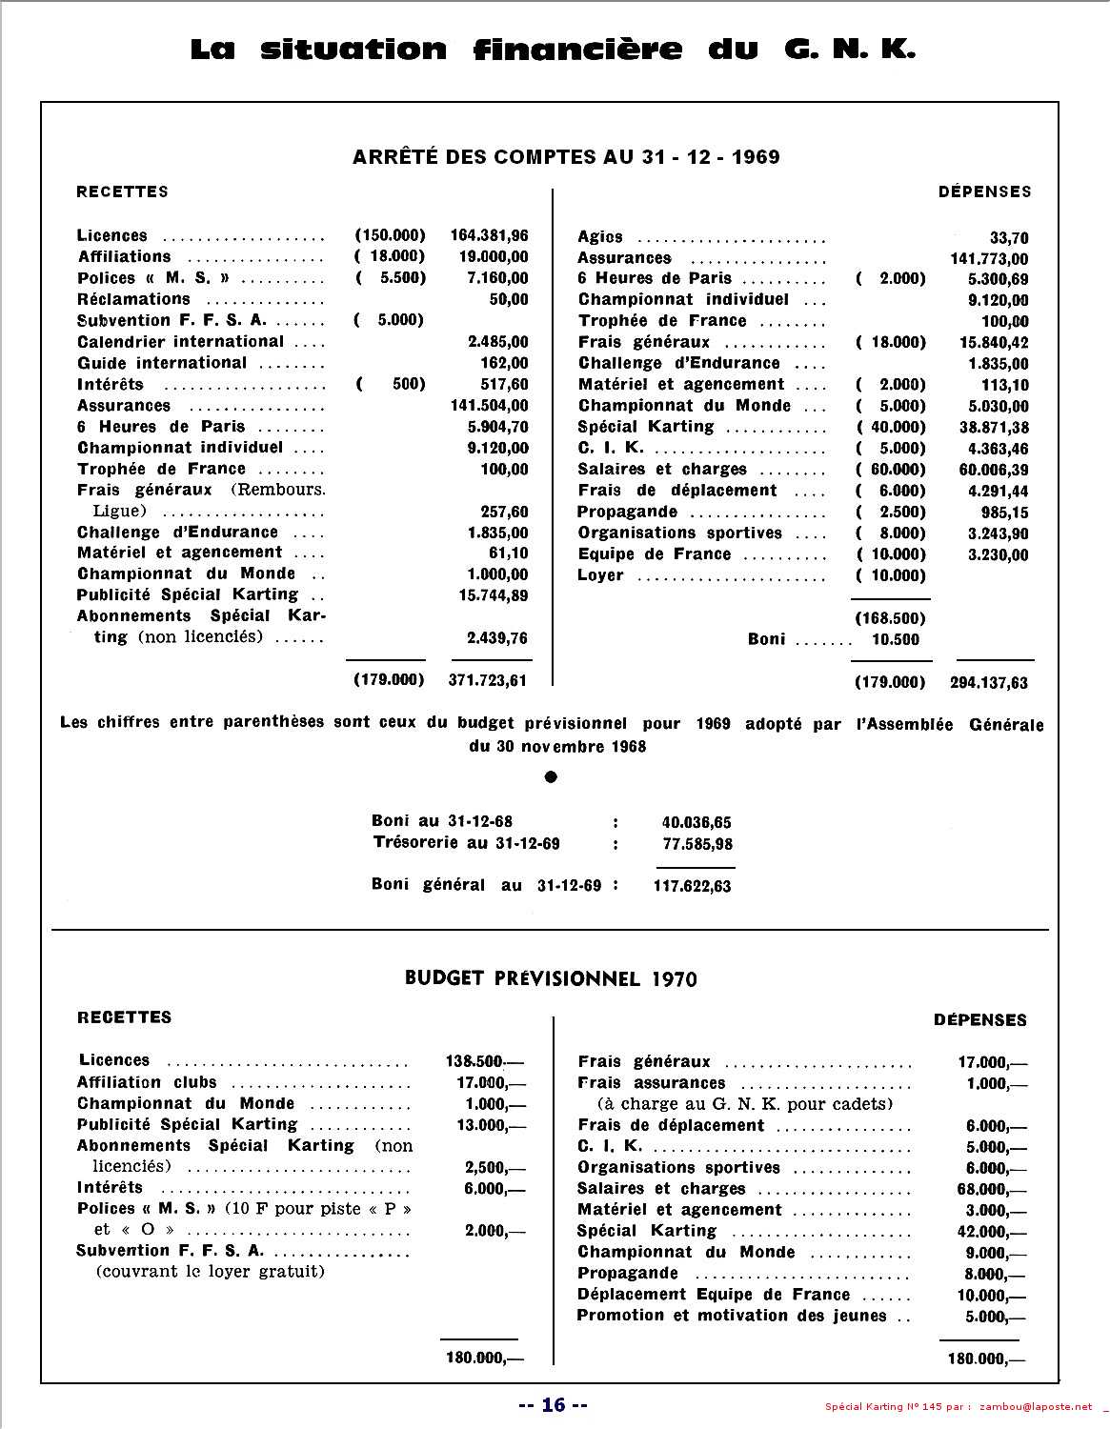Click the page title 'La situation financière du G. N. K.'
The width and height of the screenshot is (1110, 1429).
[553, 49]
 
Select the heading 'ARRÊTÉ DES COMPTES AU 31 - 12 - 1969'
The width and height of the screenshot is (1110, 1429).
[566, 157]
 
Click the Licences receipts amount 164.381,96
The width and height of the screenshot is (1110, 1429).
[488, 235]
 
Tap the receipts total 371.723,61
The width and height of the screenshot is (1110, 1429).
[487, 680]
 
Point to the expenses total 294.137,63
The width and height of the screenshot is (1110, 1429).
[989, 682]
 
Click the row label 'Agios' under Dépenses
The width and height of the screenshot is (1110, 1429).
[600, 237]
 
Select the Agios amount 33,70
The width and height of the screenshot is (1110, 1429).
[1009, 238]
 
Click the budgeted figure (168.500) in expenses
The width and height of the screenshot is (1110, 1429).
[890, 617]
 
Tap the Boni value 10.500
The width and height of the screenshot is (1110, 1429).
[896, 639]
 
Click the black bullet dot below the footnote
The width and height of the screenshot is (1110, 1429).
[550, 777]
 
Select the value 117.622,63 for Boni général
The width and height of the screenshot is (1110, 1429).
[692, 886]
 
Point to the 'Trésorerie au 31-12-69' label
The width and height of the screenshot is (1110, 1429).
[466, 843]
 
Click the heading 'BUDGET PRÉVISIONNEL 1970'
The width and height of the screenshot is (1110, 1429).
[551, 978]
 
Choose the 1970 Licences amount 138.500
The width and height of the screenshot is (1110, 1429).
[483, 1061]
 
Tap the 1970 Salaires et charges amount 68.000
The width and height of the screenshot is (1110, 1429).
[991, 1189]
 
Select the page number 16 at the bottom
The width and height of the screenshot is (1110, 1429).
[554, 1404]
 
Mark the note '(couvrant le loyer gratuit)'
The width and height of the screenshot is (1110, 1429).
[211, 1272]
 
